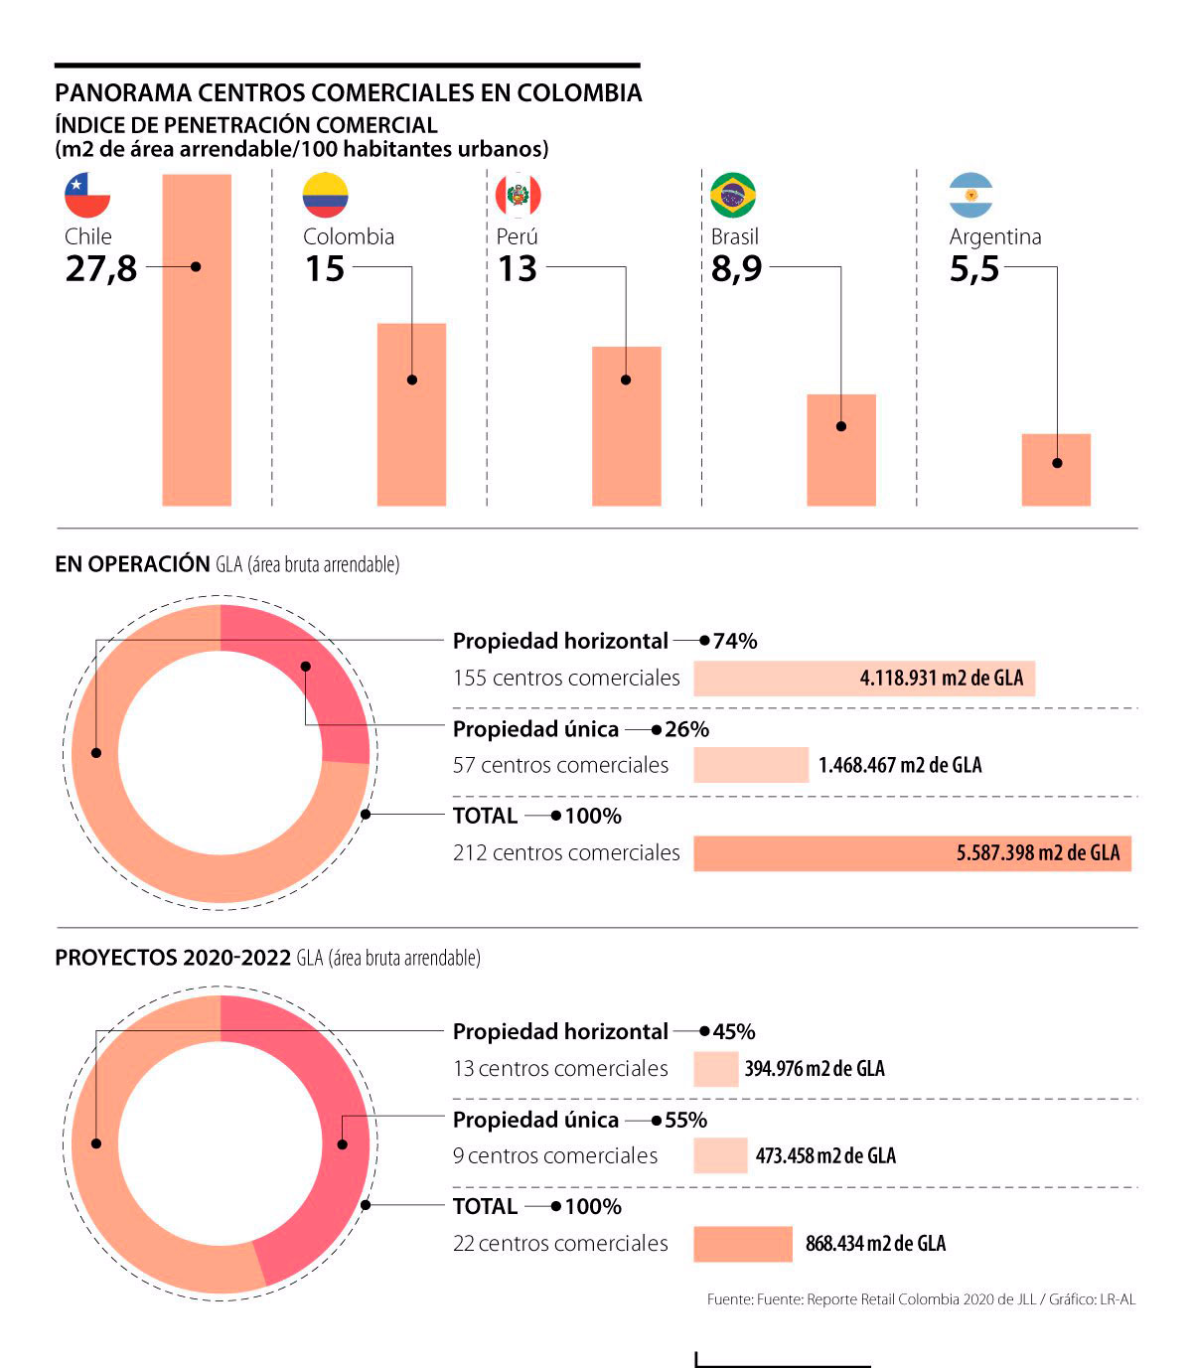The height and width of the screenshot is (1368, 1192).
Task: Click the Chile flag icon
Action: pyautogui.click(x=86, y=195)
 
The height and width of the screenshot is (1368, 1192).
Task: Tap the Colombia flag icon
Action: pyautogui.click(x=325, y=195)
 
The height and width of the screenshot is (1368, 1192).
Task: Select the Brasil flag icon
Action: pyautogui.click(x=733, y=195)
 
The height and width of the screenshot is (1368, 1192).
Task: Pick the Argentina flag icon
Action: pyautogui.click(x=970, y=195)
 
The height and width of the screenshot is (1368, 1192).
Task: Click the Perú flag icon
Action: pyautogui.click(x=519, y=195)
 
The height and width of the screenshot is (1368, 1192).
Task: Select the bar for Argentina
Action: pyautogui.click(x=1056, y=469)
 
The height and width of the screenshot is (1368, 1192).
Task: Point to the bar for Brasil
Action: pyautogui.click(x=841, y=450)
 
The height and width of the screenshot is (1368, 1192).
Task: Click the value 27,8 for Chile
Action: pyautogui.click(x=101, y=269)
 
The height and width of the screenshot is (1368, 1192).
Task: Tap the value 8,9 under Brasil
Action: pyautogui.click(x=736, y=269)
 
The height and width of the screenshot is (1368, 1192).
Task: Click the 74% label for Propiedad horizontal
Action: pyautogui.click(x=735, y=641)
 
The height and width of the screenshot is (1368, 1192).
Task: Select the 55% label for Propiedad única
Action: pyautogui.click(x=686, y=1120)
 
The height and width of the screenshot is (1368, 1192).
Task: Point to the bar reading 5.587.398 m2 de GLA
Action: pyautogui.click(x=912, y=852)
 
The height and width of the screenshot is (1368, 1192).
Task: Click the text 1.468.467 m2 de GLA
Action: pyautogui.click(x=900, y=765)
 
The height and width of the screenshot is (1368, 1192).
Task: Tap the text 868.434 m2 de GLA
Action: pyautogui.click(x=875, y=1243)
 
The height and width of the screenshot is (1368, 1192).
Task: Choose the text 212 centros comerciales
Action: pyautogui.click(x=566, y=852)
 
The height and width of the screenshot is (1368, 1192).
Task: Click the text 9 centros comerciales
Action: pyautogui.click(x=555, y=1155)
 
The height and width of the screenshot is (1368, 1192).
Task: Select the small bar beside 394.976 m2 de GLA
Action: pyautogui.click(x=715, y=1068)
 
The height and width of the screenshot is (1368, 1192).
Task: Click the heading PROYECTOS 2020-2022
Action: pyautogui.click(x=173, y=958)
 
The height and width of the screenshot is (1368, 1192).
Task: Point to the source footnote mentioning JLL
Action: pyautogui.click(x=921, y=1299)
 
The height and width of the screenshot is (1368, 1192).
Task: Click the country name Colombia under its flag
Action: pyautogui.click(x=349, y=236)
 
